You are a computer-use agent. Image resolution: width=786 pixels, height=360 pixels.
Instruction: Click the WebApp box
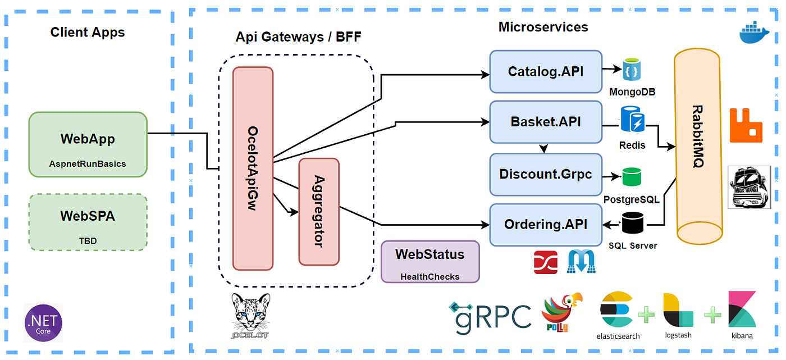[88, 144]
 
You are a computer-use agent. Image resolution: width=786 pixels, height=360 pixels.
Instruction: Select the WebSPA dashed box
[88, 222]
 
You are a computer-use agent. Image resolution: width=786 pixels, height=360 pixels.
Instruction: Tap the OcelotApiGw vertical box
[253, 168]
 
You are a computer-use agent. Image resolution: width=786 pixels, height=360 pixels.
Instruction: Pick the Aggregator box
[319, 211]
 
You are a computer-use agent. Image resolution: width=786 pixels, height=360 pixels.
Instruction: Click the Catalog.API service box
[545, 72]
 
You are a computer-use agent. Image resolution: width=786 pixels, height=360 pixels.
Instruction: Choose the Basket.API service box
[545, 122]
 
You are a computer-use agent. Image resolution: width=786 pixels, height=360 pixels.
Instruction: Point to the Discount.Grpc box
[545, 174]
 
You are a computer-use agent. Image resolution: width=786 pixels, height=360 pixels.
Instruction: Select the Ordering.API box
[545, 225]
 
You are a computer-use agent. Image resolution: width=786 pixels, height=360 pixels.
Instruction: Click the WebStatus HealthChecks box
[430, 261]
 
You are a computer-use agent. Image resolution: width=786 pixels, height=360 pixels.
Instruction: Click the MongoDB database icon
[632, 70]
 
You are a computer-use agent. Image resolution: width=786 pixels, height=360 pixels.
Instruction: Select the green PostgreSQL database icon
[632, 177]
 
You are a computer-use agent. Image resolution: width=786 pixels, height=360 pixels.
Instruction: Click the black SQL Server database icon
[632, 223]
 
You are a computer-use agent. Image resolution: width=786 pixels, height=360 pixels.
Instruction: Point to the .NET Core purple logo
[43, 323]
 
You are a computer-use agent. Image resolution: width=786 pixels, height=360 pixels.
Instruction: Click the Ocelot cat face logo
[250, 315]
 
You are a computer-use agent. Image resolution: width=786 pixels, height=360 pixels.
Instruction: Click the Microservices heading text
[543, 27]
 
